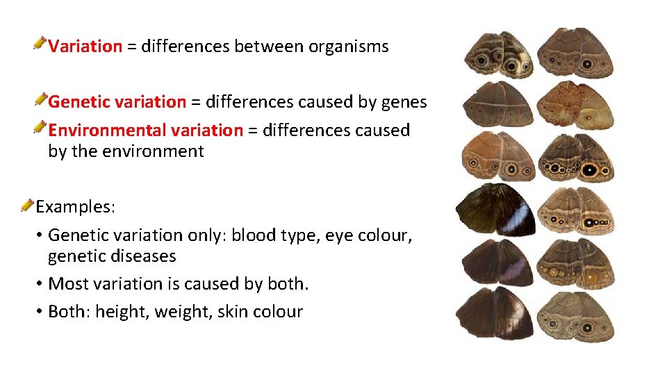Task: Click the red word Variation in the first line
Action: [85, 47]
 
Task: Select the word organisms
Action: [348, 47]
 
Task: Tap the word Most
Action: [67, 284]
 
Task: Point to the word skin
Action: [232, 312]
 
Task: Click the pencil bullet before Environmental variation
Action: [41, 128]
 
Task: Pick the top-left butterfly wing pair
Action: [499, 53]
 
